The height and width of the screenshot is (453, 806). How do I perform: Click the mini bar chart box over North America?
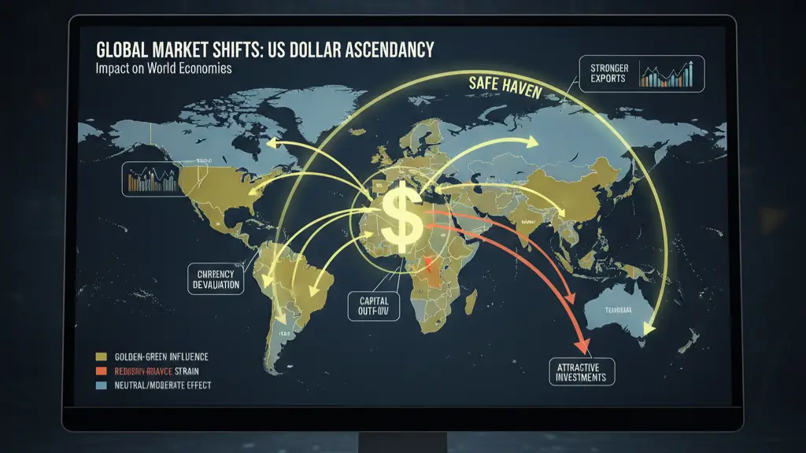(152, 180)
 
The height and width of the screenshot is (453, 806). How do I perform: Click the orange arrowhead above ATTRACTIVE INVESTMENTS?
(582, 344)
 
